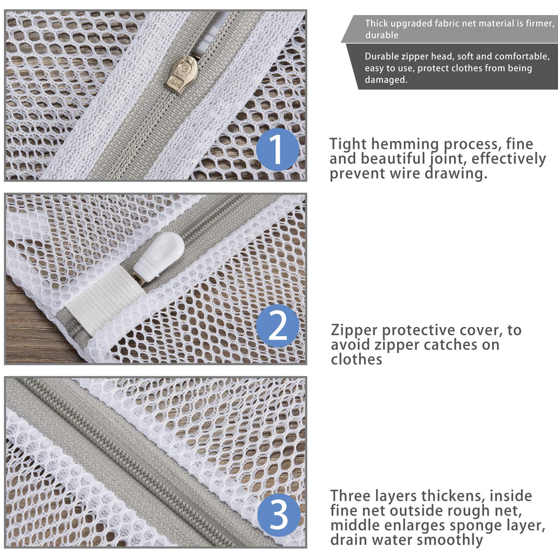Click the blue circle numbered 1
pyautogui.click(x=277, y=149)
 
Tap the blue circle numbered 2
pyautogui.click(x=277, y=326)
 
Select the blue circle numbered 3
pyautogui.click(x=279, y=515)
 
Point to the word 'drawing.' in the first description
pyautogui.click(x=456, y=174)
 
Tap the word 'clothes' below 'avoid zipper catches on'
pyautogui.click(x=356, y=360)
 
